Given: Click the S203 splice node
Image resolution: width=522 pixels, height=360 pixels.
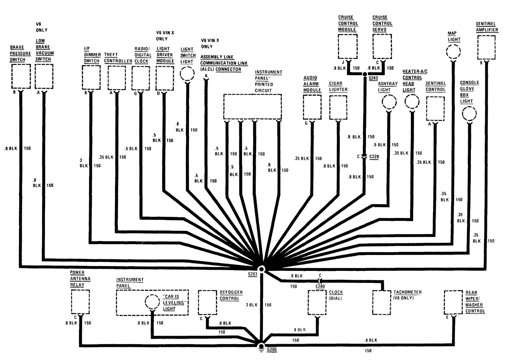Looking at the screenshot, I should click(x=262, y=269).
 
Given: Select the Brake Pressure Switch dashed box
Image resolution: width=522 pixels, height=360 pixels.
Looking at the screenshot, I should click(x=21, y=76).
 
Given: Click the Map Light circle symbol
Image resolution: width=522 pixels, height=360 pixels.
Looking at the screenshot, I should click(x=453, y=52).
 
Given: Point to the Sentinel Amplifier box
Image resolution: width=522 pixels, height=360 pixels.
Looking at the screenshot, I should click(x=486, y=47).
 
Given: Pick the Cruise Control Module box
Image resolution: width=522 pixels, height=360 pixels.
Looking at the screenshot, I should click(x=347, y=47).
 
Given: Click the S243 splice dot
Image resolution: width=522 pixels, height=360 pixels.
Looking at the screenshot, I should click(x=365, y=78).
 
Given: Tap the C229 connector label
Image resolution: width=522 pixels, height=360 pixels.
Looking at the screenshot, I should click(x=374, y=156).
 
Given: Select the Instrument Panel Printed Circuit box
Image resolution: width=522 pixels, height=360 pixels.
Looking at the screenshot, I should click(x=252, y=107).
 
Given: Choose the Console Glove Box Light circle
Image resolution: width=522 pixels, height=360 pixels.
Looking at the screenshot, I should click(x=469, y=114).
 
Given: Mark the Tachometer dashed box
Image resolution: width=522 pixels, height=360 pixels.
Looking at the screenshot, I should click(x=382, y=303).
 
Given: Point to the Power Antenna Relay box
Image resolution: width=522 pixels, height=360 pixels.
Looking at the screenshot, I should click(x=80, y=301).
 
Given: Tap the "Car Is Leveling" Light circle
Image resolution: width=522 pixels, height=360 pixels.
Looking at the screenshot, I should click(x=151, y=302).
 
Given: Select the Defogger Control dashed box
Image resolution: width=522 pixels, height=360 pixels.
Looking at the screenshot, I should click(x=207, y=302).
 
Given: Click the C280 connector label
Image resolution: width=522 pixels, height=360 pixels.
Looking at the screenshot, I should click(x=320, y=286).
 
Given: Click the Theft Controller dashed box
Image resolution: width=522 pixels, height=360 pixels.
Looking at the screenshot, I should click(x=117, y=78).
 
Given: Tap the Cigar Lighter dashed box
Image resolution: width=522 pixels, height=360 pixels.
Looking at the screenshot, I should click(x=338, y=107).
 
